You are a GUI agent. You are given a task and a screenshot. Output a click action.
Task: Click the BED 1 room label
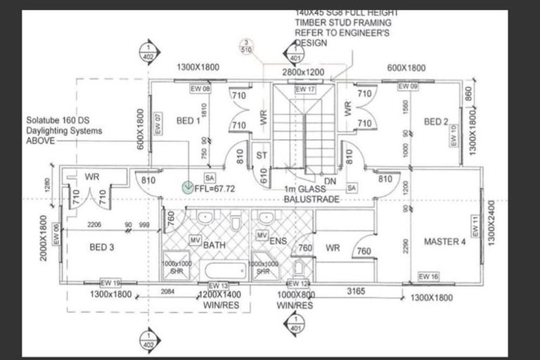188,120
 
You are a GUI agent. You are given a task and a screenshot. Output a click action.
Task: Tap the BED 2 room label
437,122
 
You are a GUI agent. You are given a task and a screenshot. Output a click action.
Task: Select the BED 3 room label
103,247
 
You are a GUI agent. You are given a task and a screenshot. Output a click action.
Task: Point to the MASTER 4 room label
444,242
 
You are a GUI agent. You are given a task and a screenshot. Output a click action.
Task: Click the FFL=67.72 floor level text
214,188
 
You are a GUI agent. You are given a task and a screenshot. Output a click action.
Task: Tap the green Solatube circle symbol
188,187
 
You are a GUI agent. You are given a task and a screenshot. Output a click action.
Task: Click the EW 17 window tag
304,90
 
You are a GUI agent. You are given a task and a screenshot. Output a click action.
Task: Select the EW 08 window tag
200,89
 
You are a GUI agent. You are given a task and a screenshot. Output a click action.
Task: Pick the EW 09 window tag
408,86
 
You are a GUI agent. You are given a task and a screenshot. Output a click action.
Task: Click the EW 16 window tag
428,276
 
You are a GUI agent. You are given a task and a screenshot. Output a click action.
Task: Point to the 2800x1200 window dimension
303,72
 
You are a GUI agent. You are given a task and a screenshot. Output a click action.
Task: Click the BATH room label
214,245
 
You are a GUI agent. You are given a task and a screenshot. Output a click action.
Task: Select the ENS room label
281,241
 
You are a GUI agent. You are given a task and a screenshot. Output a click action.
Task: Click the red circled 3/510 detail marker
247,46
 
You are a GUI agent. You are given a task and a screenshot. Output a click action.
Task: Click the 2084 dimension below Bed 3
168,290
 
